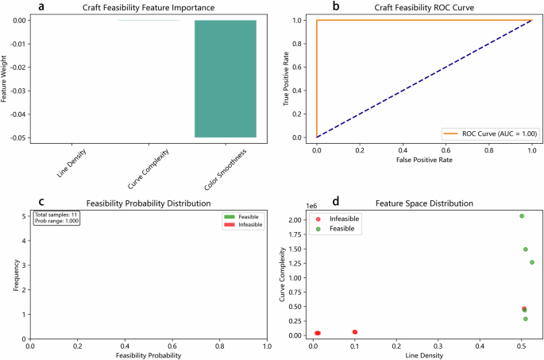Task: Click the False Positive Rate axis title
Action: (424, 161)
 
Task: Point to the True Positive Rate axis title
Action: (287, 79)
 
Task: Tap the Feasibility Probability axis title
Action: (149, 354)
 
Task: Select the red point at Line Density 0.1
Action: (355, 331)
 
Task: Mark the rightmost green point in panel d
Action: (532, 262)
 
